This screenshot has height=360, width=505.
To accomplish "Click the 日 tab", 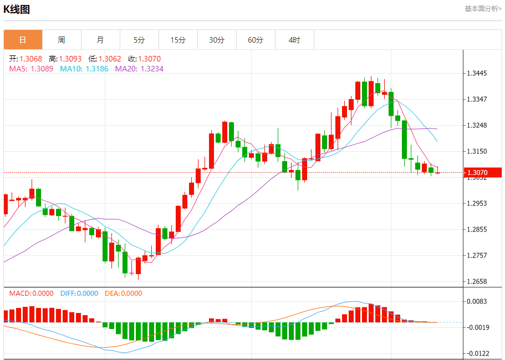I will click(x=23, y=40).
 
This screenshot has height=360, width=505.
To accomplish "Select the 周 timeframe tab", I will click(x=62, y=40).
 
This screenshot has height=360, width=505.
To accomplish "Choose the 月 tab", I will click(x=100, y=40).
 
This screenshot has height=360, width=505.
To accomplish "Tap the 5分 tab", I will click(x=139, y=40).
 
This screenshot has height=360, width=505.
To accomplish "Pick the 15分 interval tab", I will click(x=178, y=40).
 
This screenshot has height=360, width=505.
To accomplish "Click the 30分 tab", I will click(x=217, y=40).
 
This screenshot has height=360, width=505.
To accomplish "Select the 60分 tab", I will click(x=256, y=40).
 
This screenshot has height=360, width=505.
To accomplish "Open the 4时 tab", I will click(x=294, y=40).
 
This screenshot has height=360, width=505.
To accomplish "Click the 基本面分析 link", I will click(x=482, y=9).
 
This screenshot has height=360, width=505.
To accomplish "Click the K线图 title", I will click(x=17, y=9).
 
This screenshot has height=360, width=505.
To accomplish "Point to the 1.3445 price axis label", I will click(x=477, y=73).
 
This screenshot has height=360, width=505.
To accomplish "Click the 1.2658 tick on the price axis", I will click(x=477, y=281).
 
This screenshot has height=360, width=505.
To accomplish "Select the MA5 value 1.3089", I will click(x=42, y=69).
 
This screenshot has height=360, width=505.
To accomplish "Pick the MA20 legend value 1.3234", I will click(x=152, y=69).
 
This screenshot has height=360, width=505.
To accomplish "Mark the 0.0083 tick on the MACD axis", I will click(x=477, y=301).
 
